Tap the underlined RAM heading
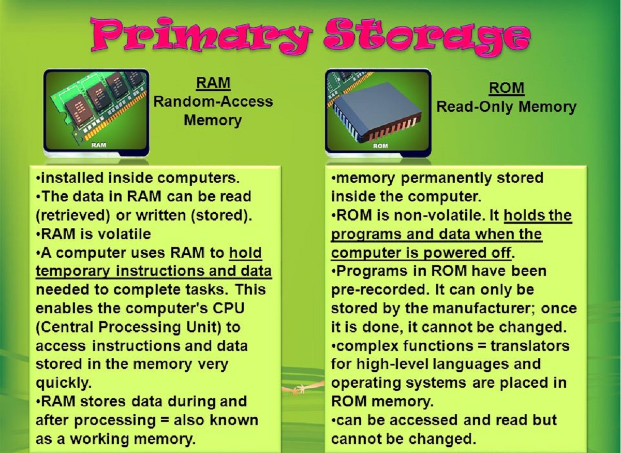click(x=213, y=83)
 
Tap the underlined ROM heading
click(x=506, y=88)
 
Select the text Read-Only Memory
click(x=506, y=107)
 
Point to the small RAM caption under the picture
click(x=98, y=145)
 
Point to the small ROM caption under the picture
click(x=380, y=146)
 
